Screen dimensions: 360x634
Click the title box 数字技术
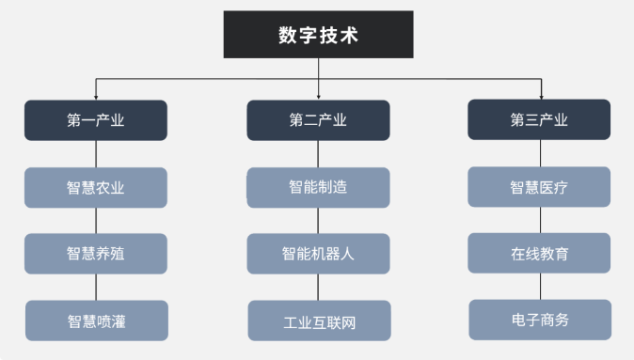(318, 35)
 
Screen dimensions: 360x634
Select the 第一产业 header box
(96, 120)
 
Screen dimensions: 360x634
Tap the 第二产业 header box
(318, 120)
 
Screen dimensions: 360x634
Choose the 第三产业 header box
(539, 120)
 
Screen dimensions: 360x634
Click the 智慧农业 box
(96, 187)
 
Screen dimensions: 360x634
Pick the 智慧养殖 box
(96, 254)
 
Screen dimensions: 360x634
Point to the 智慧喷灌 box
(96, 321)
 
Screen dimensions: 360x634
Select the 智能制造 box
(318, 187)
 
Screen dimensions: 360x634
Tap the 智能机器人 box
(318, 254)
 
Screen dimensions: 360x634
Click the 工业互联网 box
(318, 321)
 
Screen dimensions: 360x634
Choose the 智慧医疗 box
(539, 187)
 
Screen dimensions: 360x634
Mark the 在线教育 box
(539, 254)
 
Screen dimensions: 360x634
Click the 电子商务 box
(539, 321)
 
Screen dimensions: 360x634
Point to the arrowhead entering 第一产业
(96, 97)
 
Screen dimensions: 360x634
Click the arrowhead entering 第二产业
(318, 97)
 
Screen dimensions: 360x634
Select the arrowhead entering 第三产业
(540, 97)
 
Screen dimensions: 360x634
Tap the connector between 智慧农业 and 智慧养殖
(96, 221)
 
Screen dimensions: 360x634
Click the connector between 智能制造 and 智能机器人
(318, 221)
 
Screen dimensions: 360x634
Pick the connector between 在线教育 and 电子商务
(539, 288)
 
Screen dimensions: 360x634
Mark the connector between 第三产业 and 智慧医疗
(539, 154)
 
